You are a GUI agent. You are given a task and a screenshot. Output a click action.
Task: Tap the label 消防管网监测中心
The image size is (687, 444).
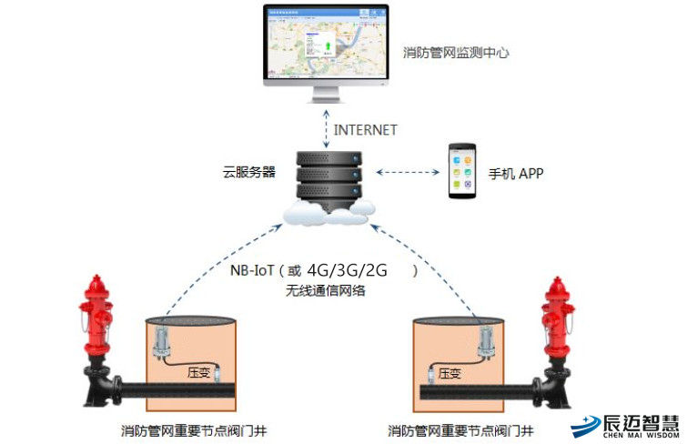[x=456, y=52]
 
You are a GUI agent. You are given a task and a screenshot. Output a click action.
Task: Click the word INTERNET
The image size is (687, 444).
[x=366, y=130]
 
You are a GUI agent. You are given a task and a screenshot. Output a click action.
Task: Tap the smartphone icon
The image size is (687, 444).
[x=461, y=171]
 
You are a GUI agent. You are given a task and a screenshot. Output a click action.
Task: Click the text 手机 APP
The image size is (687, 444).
[x=516, y=173]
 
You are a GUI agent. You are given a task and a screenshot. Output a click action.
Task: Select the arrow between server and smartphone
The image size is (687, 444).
[x=407, y=171]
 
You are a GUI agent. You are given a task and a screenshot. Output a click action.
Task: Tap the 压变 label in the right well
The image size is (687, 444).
[x=450, y=373]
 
